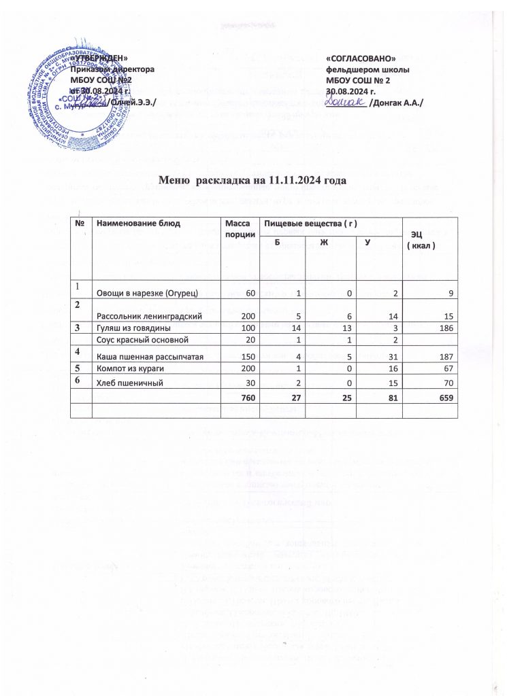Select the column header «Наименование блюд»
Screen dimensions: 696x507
click(x=134, y=223)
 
